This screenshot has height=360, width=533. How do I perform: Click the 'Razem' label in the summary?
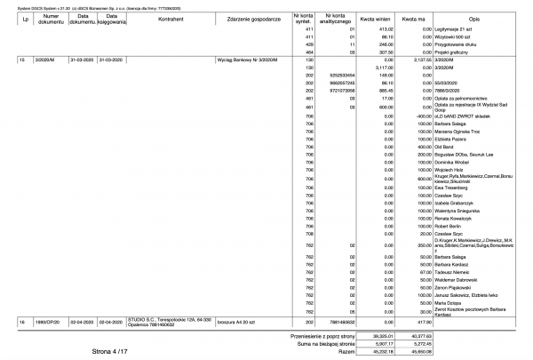(x=347, y=351)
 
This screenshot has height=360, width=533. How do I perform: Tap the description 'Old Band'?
(x=447, y=146)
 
